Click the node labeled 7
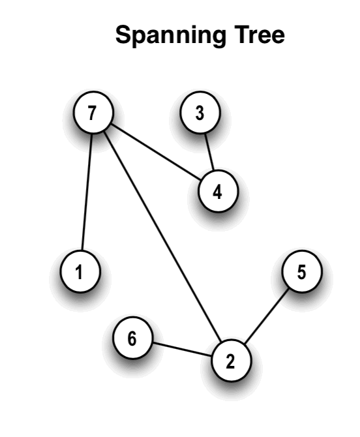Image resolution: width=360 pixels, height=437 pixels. pos(93,112)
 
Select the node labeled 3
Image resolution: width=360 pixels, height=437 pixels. pos(200,112)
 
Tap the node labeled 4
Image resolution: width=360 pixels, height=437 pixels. pos(218,191)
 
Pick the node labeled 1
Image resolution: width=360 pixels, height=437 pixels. pos(80,271)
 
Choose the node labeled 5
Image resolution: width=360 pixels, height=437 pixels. pos(302,271)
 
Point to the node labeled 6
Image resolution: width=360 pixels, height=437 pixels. pos(133,337)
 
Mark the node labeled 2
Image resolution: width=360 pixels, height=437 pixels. pos(232,360)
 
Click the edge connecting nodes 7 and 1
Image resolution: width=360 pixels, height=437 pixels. pos(87,192)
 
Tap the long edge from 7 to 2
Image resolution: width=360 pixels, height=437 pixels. pos(162,236)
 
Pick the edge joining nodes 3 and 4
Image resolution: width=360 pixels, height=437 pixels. pos(209,152)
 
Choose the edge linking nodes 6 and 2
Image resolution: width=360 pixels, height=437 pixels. pos(182,349)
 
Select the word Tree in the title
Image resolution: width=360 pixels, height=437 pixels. pos(259,35)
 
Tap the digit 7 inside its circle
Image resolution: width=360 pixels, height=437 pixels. pos(92,113)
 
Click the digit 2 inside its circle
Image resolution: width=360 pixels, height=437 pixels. pos(230,361)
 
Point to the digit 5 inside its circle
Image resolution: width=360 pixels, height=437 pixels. pos(301,272)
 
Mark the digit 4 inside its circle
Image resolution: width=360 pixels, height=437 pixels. pos(217,192)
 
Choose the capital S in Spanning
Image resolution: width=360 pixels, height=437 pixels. pos(123,35)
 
